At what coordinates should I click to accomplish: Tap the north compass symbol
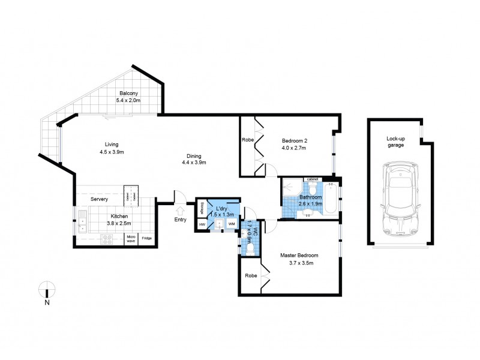point(46,291)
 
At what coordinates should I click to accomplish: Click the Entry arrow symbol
point(179,211)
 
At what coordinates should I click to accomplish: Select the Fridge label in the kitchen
point(146,239)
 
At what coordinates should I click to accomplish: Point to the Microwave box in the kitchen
point(130,239)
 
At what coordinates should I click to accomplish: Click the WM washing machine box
point(231,224)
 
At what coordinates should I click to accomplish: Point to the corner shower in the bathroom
point(291,187)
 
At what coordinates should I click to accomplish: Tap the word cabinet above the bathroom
point(312,179)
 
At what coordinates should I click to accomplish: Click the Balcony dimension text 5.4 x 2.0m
point(128,100)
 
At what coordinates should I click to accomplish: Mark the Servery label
point(99,199)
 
